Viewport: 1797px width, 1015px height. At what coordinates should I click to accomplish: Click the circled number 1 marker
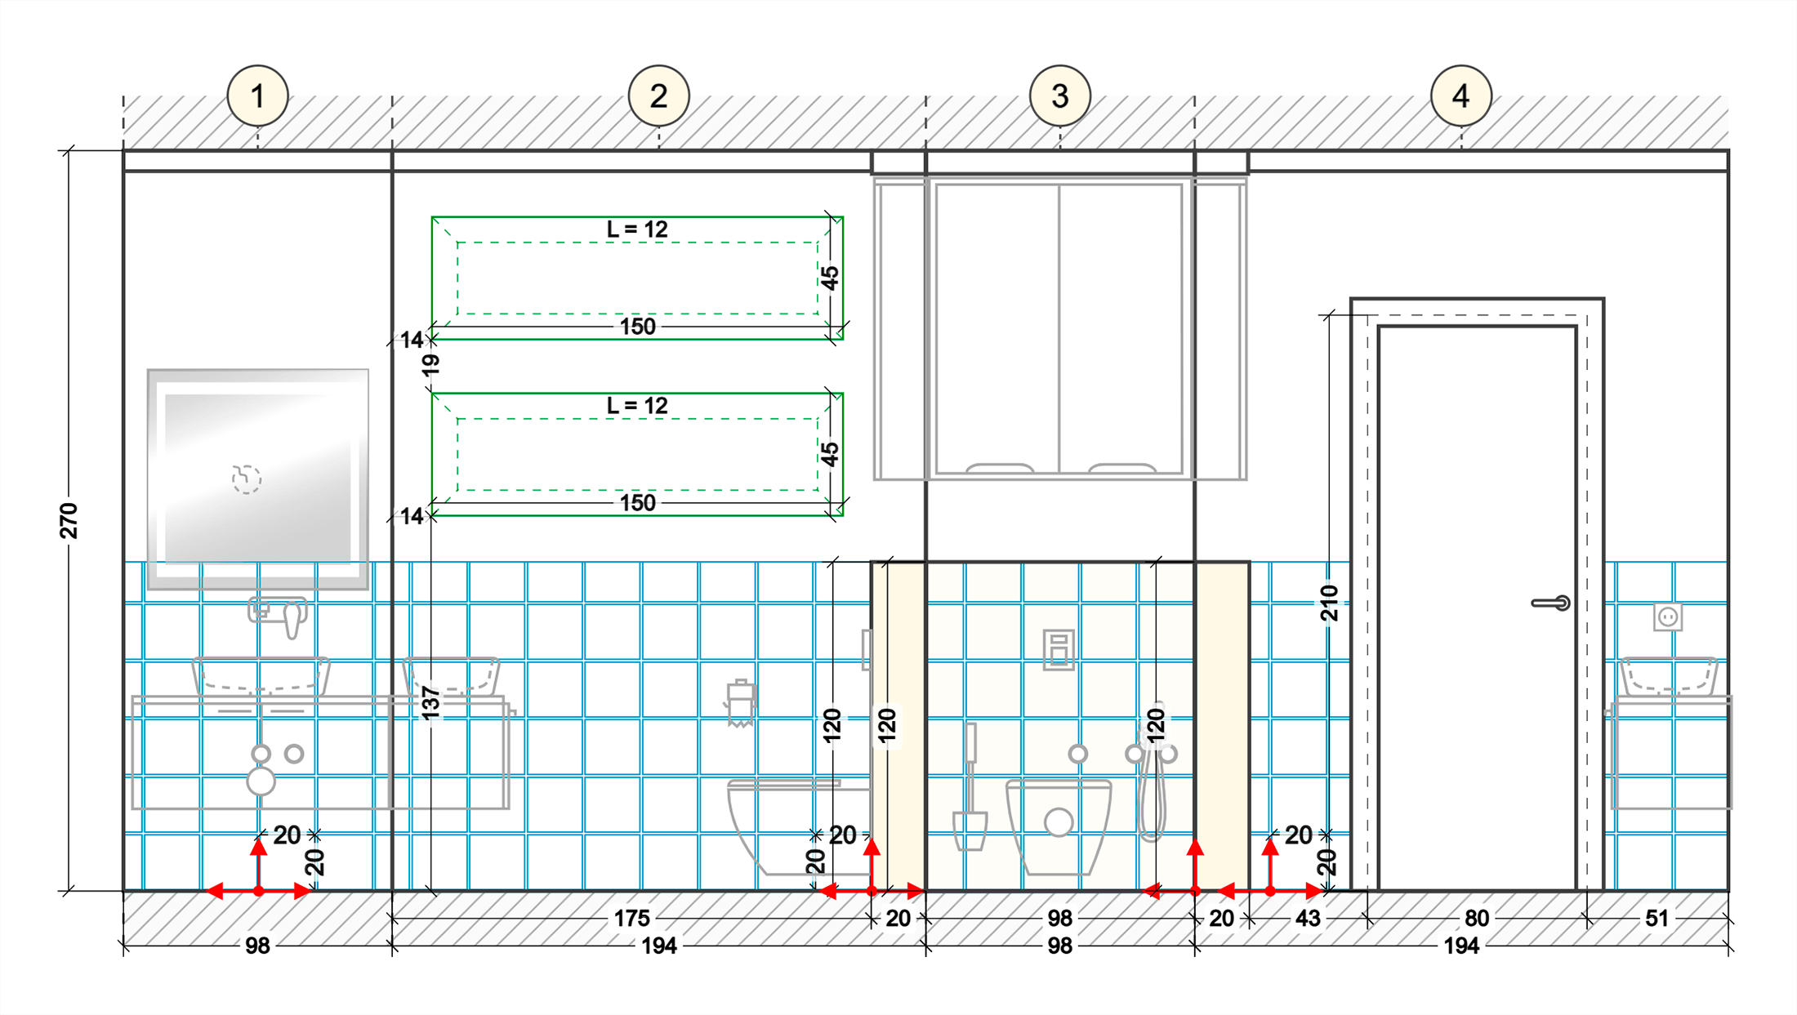pos(257,96)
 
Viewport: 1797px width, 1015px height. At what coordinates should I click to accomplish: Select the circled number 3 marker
pos(1059,96)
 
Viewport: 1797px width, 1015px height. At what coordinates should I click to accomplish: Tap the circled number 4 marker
pos(1460,96)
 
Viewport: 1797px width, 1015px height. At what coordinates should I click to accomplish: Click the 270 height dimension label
pos(69,521)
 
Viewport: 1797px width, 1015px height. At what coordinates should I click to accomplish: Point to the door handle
pos(1550,603)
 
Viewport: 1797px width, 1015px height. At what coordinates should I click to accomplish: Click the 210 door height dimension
pos(1330,603)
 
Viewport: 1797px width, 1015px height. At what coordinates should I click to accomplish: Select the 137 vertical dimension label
pos(430,703)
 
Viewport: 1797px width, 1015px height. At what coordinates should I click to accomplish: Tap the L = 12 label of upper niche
pos(637,229)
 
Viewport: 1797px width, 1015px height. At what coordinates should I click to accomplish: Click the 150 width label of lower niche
pos(637,503)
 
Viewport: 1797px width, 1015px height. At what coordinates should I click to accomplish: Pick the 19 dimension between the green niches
pos(430,364)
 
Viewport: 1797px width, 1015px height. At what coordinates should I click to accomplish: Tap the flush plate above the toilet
pos(1059,649)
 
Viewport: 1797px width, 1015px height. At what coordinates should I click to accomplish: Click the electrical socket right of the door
pos(1667,617)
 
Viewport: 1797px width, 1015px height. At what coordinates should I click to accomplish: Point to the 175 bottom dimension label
pos(631,919)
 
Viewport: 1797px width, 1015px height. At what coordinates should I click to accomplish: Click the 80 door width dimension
pos(1476,919)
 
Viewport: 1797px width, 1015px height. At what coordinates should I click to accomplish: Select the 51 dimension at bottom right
pos(1657,919)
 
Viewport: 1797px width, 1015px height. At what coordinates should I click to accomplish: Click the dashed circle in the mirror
pos(246,479)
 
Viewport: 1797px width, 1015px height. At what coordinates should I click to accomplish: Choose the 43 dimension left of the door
pos(1307,919)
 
